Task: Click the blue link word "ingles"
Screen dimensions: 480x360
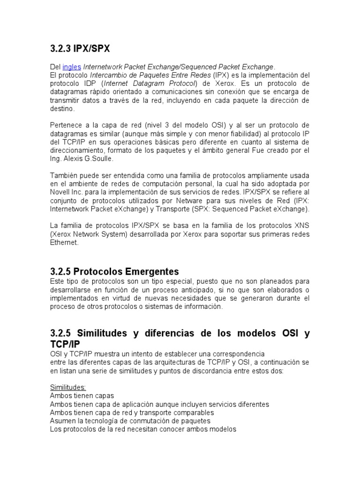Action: point(71,67)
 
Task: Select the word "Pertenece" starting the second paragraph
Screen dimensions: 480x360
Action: point(66,125)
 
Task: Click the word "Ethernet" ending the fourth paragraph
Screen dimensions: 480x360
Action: point(64,243)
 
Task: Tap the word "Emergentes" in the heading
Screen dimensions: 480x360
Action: point(150,271)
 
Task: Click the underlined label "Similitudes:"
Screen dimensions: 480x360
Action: point(68,388)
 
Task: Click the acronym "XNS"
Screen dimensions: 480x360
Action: point(301,226)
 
